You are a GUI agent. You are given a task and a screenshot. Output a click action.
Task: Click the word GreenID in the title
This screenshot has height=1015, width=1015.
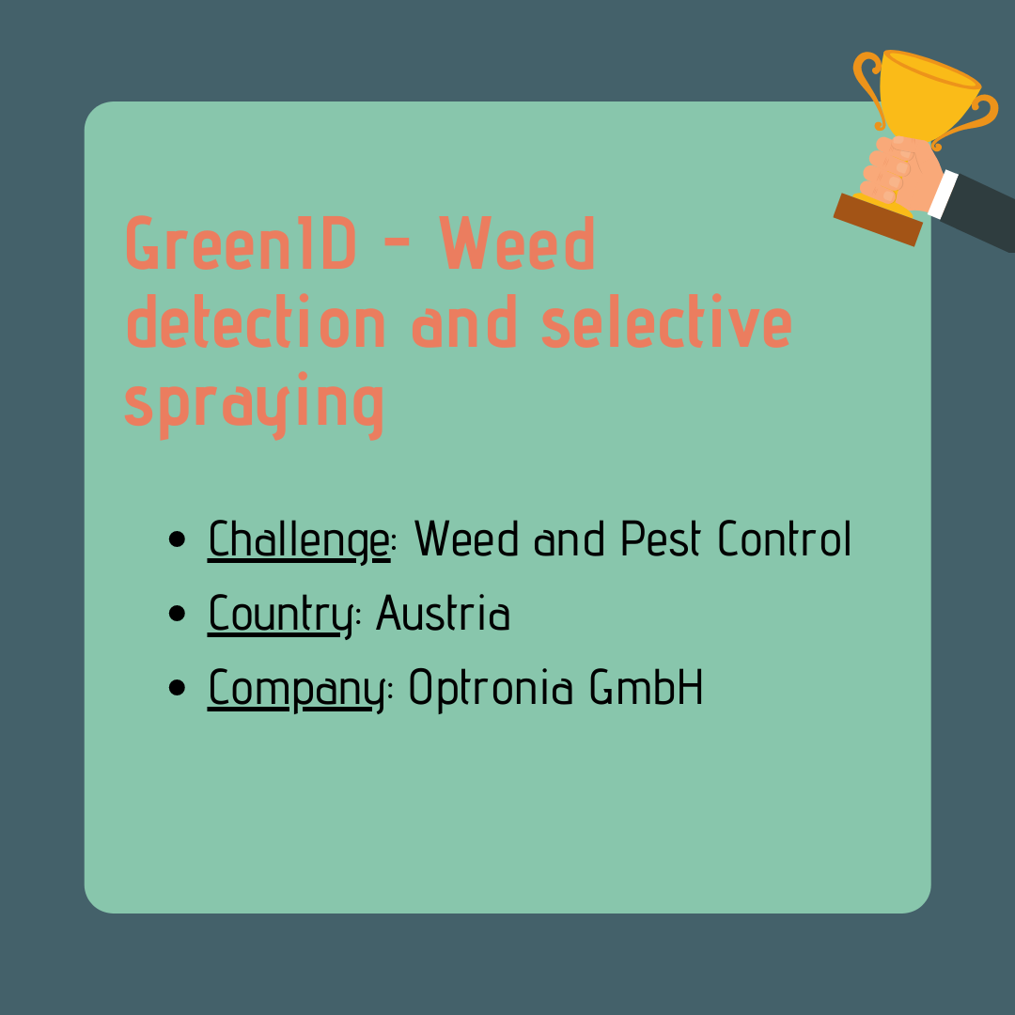pyautogui.click(x=241, y=242)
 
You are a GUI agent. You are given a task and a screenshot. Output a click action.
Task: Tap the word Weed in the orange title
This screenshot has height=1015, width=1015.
pyautogui.click(x=517, y=242)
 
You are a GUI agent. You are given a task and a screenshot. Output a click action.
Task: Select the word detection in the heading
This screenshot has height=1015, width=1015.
pyautogui.click(x=256, y=321)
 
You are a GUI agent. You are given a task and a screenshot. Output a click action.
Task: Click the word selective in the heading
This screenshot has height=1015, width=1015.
pyautogui.click(x=666, y=321)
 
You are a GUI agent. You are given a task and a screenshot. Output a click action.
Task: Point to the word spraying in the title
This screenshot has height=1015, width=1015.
pyautogui.click(x=255, y=404)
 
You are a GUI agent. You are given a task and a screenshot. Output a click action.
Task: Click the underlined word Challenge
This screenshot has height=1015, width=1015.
pyautogui.click(x=299, y=539)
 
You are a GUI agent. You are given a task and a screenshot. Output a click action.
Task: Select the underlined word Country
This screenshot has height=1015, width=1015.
pyautogui.click(x=280, y=615)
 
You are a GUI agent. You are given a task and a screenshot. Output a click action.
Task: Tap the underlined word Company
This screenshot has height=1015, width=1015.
pyautogui.click(x=296, y=689)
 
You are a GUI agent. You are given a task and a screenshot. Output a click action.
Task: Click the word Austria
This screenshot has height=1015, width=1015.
pyautogui.click(x=444, y=613)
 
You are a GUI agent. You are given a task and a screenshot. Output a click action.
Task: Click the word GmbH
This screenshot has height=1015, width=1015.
pyautogui.click(x=646, y=686)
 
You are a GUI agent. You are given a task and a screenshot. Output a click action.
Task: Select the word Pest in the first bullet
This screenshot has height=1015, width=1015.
pyautogui.click(x=661, y=538)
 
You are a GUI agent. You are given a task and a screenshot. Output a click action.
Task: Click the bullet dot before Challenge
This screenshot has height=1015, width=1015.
pyautogui.click(x=177, y=539)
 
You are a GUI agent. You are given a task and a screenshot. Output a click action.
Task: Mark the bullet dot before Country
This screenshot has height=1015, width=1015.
pyautogui.click(x=177, y=614)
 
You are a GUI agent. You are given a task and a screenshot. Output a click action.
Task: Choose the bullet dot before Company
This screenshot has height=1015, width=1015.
pyautogui.click(x=177, y=687)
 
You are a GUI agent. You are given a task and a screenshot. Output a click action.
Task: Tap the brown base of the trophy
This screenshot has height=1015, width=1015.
pyautogui.click(x=878, y=219)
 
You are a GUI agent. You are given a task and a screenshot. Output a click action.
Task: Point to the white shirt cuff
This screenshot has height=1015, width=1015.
pyautogui.click(x=943, y=195)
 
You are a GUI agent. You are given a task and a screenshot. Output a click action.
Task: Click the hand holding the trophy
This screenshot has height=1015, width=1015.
pyautogui.click(x=901, y=173)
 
